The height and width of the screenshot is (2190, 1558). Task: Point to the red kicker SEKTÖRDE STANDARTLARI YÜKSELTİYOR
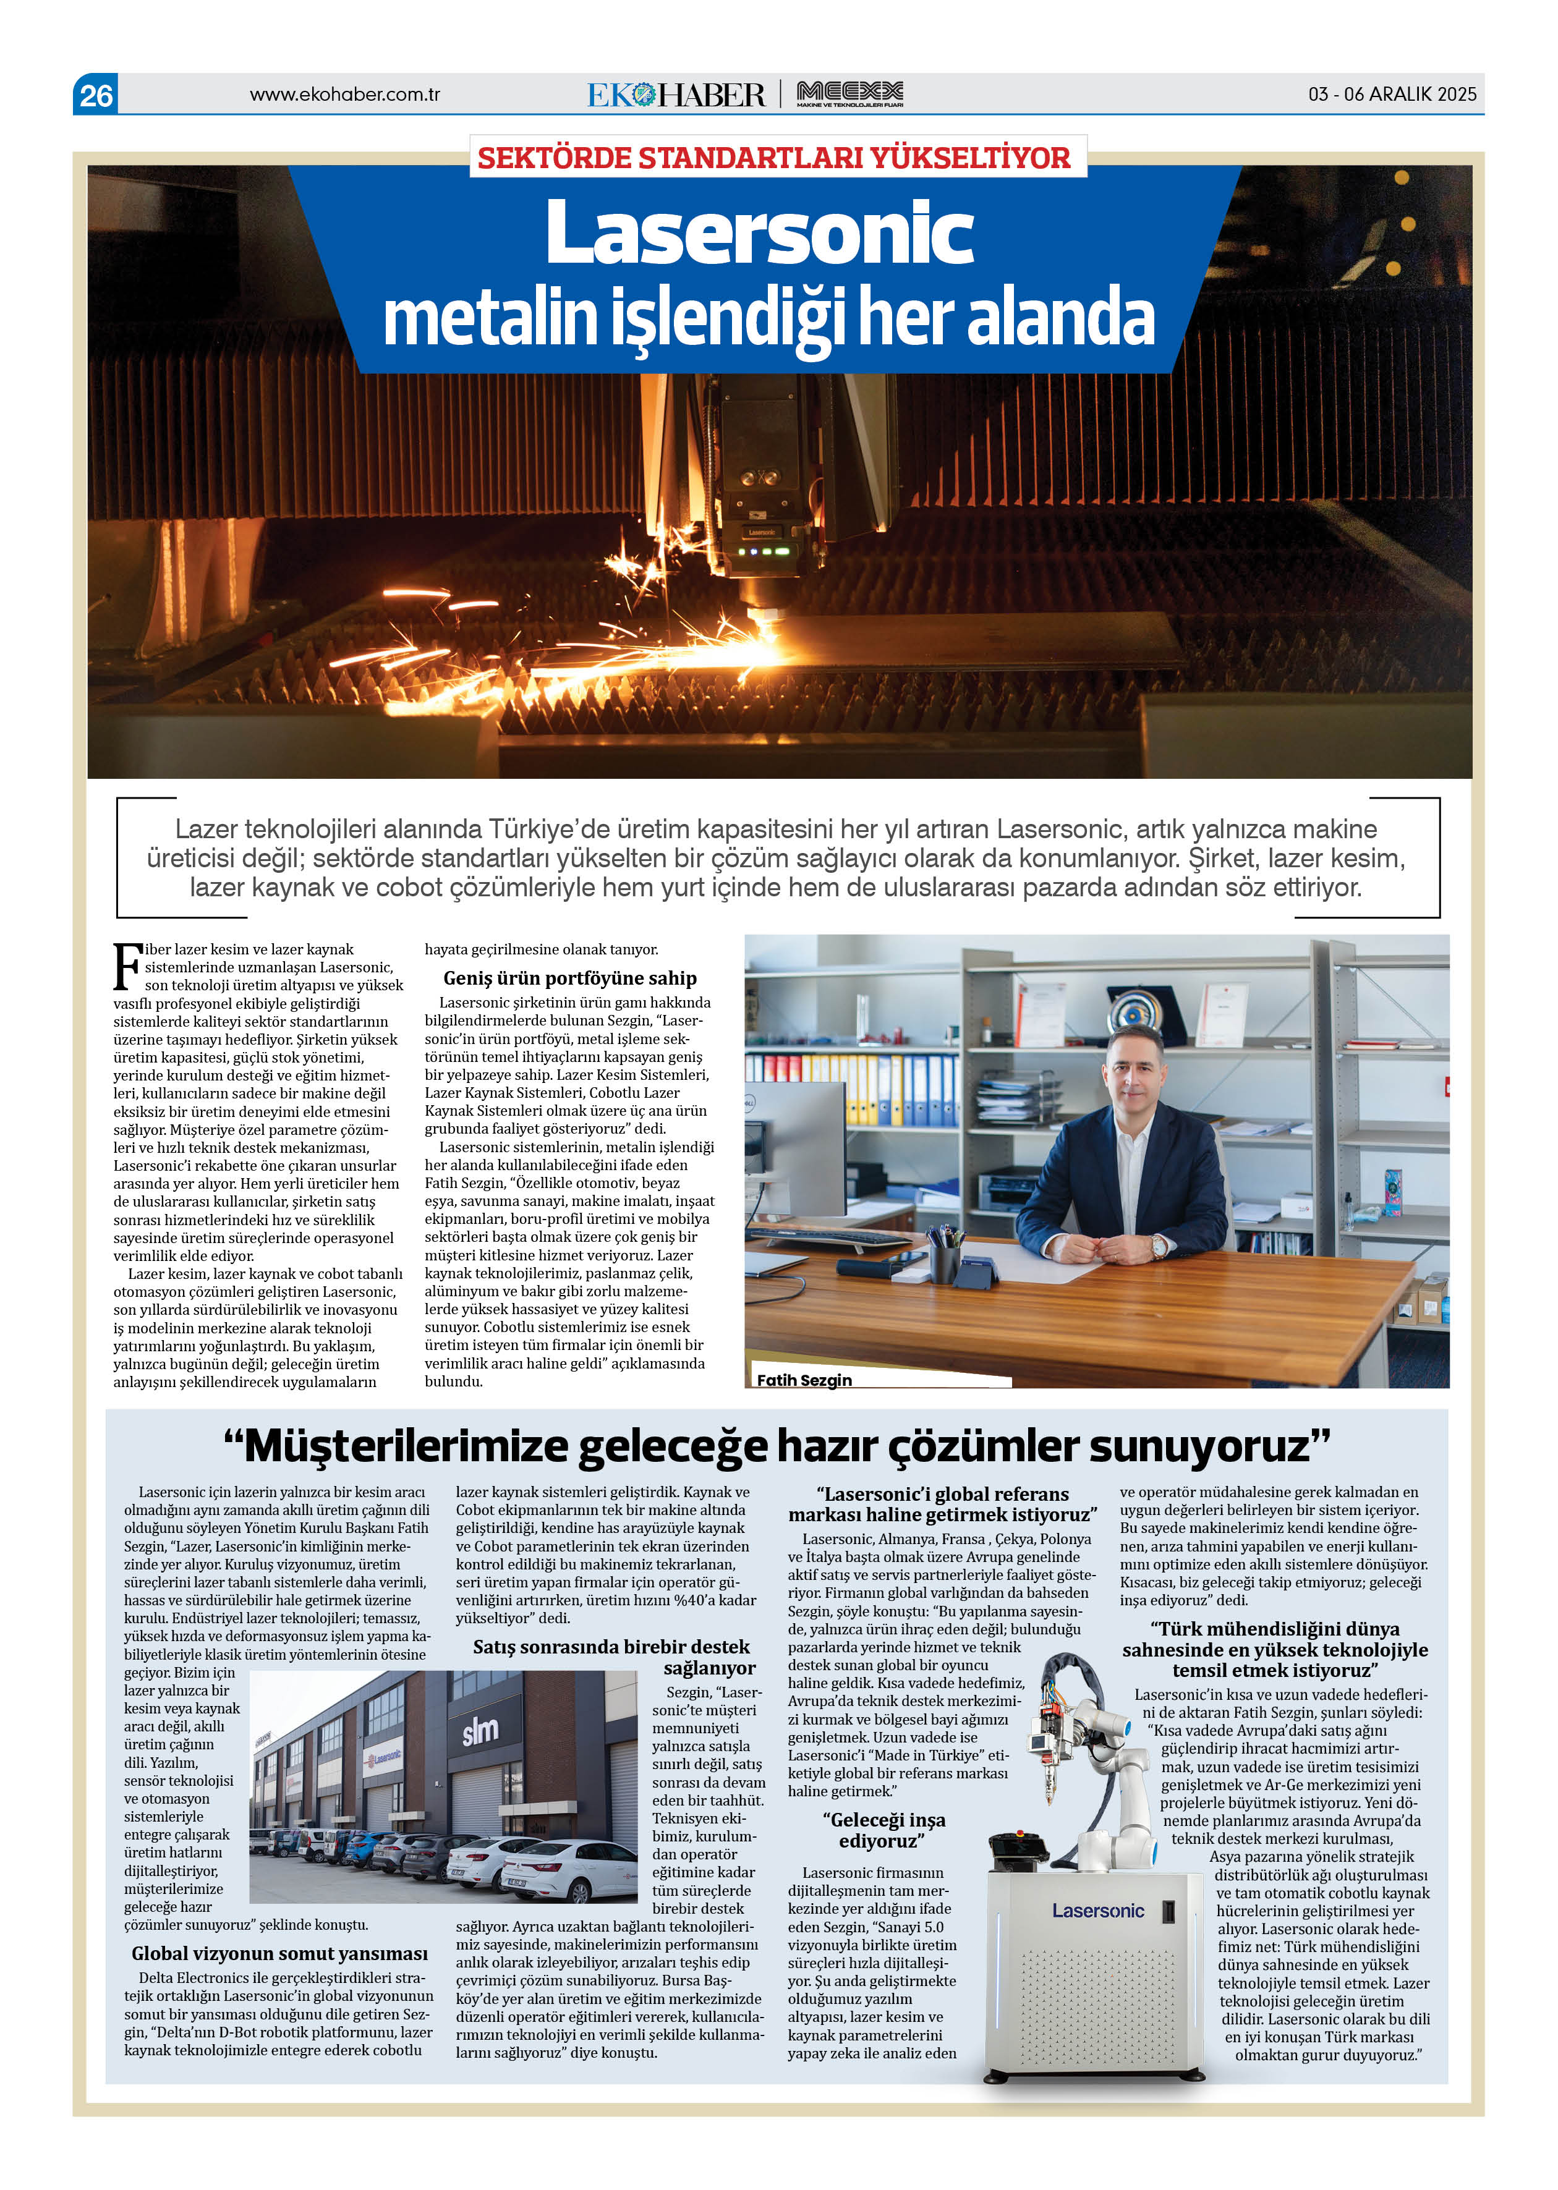[x=773, y=158]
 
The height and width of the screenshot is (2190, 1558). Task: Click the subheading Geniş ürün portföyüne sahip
[x=570, y=978]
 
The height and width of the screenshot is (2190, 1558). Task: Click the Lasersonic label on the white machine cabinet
[x=1097, y=1911]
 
